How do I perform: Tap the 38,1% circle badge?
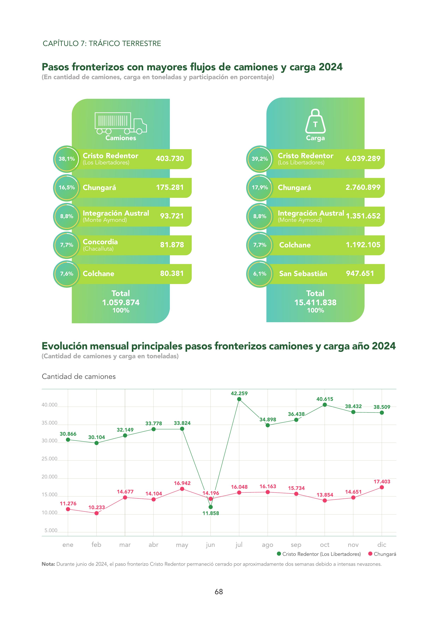coord(67,159)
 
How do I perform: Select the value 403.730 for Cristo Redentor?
coord(170,159)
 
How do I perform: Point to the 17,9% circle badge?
coord(260,187)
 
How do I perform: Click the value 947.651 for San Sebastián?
coord(360,274)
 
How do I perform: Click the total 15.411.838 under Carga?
coord(315,302)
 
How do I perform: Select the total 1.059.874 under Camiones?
coord(121,302)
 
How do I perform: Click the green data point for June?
coord(211,507)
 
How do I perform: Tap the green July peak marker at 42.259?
coord(239,399)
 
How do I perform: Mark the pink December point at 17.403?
coord(382,487)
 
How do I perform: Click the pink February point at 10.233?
coord(97,513)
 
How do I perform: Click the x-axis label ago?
coord(267,545)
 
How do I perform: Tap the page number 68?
coord(219,592)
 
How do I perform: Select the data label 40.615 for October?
coord(325,399)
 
